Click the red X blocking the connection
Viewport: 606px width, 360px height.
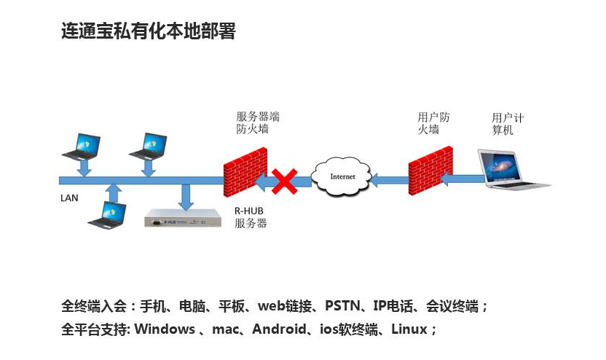coord(285,181)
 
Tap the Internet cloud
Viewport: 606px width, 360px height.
coord(342,177)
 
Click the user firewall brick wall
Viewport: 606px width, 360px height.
coord(430,170)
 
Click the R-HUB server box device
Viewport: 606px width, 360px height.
coord(182,219)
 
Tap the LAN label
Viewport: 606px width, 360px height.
coord(69,197)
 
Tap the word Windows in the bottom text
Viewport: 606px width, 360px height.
coord(165,329)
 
